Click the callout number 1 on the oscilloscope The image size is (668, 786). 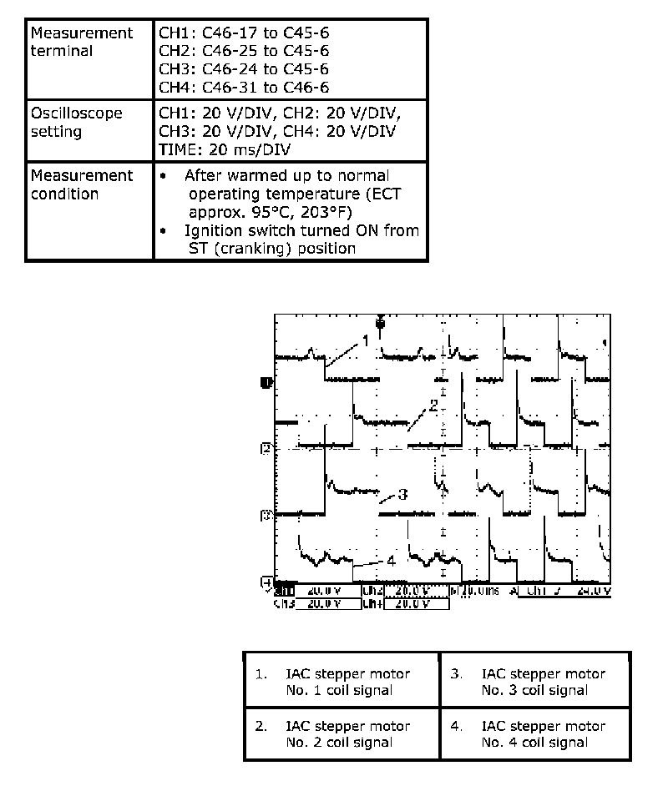[x=366, y=340]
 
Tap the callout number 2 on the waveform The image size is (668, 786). [x=433, y=406]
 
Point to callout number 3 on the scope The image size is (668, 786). [x=402, y=494]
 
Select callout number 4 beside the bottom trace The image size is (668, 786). [x=390, y=561]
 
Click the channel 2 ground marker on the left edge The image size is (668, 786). [x=266, y=449]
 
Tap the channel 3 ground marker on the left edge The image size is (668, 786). [x=266, y=515]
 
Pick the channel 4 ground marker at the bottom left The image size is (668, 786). [x=266, y=581]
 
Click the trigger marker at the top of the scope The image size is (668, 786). [x=380, y=322]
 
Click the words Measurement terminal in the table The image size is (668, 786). [x=81, y=42]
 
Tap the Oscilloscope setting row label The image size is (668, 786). [x=76, y=122]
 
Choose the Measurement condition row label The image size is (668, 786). [x=81, y=184]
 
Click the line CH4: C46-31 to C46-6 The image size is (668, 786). [x=243, y=87]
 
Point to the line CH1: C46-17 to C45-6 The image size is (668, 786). [x=243, y=33]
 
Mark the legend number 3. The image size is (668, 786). [x=456, y=673]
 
